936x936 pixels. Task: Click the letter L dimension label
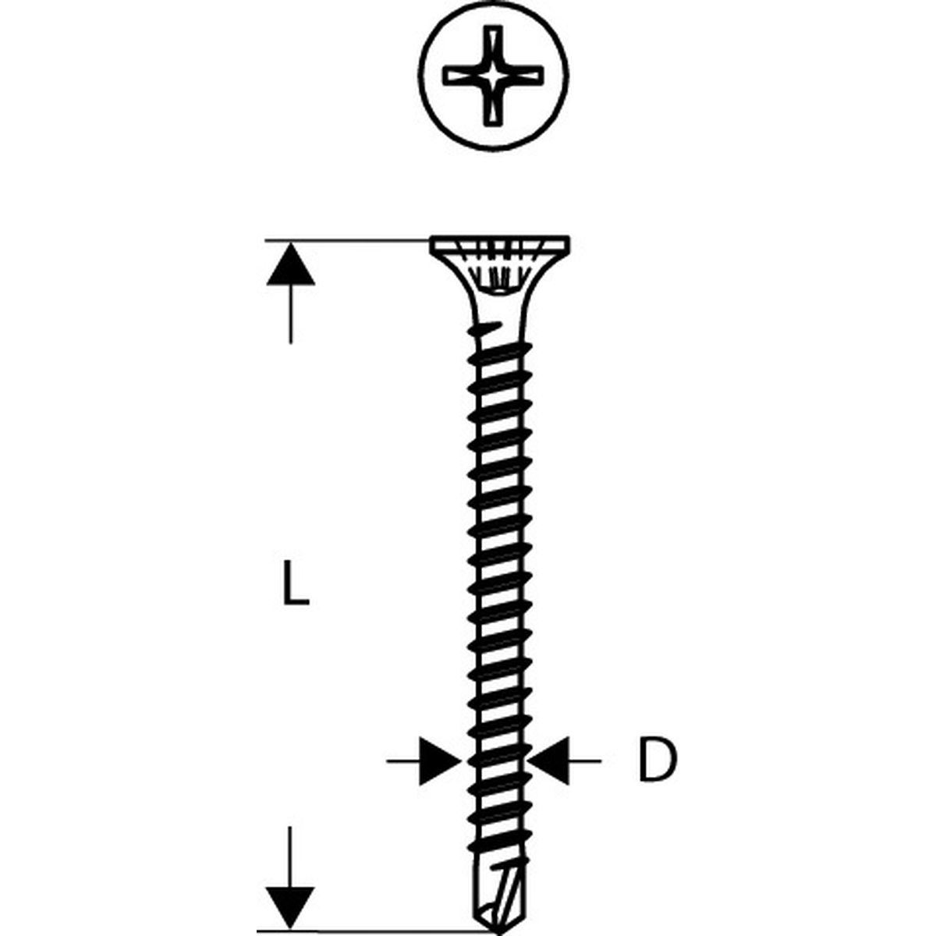pos(296,583)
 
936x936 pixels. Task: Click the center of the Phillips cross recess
pos(493,76)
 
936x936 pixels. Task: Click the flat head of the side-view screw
pos(500,243)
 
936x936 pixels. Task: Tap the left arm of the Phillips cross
pos(463,76)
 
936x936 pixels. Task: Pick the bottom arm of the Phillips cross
pos(493,107)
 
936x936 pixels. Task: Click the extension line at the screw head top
pos(347,240)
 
